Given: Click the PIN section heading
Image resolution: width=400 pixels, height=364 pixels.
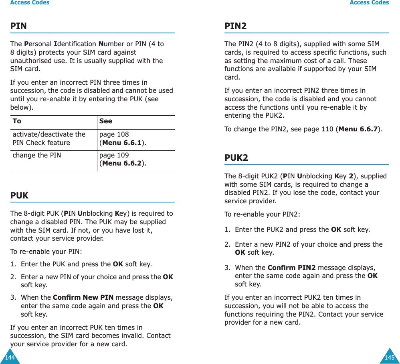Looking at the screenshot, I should click(x=18, y=26).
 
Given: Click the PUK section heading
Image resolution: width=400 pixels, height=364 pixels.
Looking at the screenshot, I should click(x=19, y=196).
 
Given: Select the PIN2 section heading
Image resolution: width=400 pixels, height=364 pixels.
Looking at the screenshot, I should click(x=235, y=26).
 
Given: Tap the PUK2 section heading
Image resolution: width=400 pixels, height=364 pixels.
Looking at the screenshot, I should click(x=236, y=158).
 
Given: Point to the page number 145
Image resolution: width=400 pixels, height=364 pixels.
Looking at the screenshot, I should click(x=389, y=357).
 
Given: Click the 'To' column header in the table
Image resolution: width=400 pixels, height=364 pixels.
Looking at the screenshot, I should click(x=17, y=121).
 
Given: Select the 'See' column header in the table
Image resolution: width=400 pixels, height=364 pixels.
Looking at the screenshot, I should click(x=106, y=121).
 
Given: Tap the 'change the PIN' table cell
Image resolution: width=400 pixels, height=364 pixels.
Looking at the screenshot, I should click(x=37, y=155).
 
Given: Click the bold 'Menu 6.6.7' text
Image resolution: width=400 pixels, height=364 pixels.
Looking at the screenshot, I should click(x=359, y=129).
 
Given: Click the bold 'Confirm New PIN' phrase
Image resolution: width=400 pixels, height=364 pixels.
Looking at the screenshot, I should click(x=83, y=298).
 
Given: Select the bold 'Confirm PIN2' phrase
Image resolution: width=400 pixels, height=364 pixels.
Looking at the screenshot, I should click(x=291, y=268).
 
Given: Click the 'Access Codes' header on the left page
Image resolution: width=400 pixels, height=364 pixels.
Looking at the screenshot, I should click(x=30, y=3).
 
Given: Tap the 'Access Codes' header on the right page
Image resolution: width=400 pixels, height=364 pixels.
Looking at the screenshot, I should click(x=369, y=3).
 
